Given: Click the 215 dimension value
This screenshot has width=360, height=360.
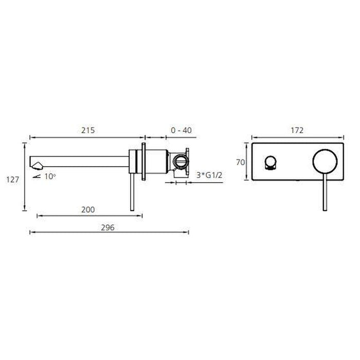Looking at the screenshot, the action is [x=88, y=131].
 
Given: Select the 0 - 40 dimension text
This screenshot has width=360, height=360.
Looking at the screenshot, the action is [x=181, y=131].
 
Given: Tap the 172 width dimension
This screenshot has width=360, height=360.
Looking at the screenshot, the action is [x=297, y=131].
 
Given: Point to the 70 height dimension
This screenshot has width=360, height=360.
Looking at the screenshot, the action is [x=240, y=163].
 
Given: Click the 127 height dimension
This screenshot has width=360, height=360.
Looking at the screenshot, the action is [x=13, y=179].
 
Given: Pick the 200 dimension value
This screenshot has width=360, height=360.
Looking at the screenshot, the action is [x=88, y=210].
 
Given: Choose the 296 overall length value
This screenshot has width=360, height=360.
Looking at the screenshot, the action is [x=107, y=227].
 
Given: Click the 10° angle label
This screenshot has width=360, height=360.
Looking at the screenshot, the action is [x=50, y=176].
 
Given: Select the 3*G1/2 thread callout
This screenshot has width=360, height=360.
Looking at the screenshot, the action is [x=209, y=175].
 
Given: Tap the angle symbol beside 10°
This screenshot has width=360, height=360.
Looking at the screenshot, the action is [x=37, y=176].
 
